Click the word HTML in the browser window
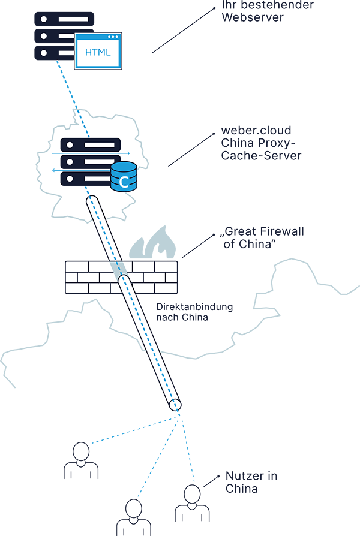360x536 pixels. coord(98,52)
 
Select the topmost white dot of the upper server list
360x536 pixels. coord(43,19)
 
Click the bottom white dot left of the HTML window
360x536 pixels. coord(43,53)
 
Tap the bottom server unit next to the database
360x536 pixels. coord(84,179)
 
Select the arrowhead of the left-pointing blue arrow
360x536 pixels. coord(53,170)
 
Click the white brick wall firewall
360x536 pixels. coord(121,277)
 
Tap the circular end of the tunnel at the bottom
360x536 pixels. coord(174,405)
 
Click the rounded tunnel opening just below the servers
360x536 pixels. coord(93,201)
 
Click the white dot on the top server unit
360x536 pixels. coord(70,145)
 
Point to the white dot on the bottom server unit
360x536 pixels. coord(70,179)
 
